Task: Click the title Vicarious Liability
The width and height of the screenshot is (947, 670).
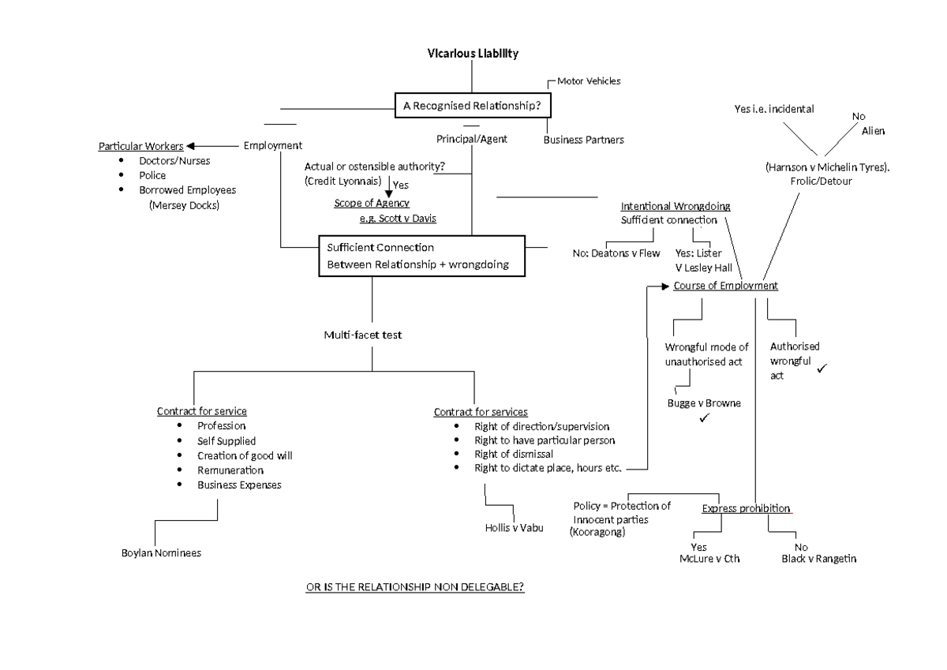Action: click(x=473, y=54)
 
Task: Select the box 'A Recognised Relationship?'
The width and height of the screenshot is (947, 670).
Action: click(x=472, y=106)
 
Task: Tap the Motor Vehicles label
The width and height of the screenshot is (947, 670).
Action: click(x=588, y=81)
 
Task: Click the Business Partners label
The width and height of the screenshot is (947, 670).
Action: click(x=583, y=140)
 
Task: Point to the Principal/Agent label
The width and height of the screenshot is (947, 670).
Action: click(x=471, y=139)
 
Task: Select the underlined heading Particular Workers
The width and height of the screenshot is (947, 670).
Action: click(x=140, y=146)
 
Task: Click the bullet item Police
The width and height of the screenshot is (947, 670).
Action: click(x=152, y=175)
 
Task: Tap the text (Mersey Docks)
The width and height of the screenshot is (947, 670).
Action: click(x=184, y=205)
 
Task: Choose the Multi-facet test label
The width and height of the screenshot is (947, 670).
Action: click(x=362, y=335)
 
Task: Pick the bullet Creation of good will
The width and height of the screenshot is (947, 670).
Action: click(x=245, y=455)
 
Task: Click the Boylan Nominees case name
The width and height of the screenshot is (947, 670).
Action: click(x=161, y=553)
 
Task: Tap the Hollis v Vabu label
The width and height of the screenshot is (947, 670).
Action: click(x=514, y=528)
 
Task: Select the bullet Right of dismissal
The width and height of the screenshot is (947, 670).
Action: click(x=513, y=455)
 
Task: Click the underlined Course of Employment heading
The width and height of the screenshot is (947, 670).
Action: click(x=725, y=286)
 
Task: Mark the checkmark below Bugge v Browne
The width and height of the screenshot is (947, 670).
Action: click(x=704, y=417)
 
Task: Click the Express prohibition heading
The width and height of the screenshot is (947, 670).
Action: click(x=746, y=508)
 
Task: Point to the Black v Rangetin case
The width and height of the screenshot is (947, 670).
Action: click(x=818, y=559)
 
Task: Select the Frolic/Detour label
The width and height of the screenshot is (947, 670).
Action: click(x=821, y=181)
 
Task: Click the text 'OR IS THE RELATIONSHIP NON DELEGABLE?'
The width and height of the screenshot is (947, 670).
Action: click(x=415, y=588)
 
